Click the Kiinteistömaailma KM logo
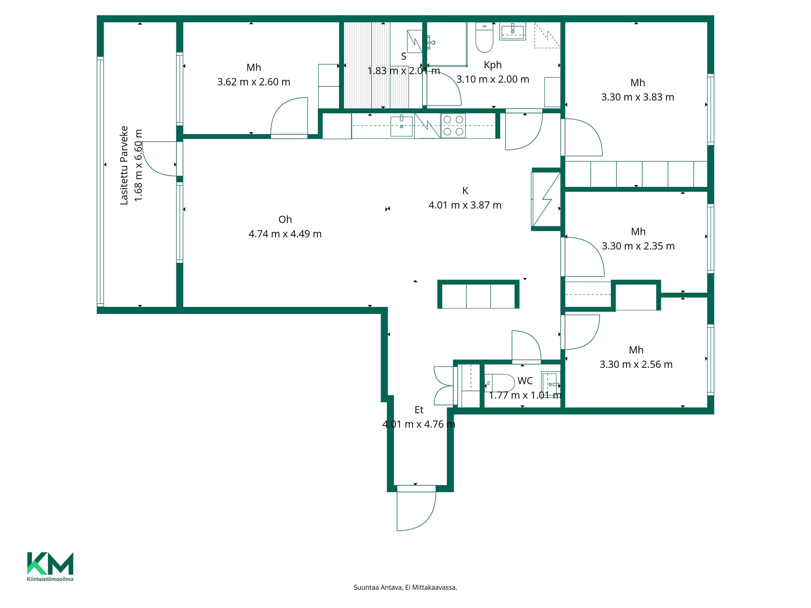click(50, 566)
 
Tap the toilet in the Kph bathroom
click(484, 37)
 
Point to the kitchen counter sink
click(401, 126)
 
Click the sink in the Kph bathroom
click(513, 31)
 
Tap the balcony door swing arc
click(158, 158)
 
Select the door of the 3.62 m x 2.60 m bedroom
click(289, 117)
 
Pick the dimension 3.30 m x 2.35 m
click(638, 246)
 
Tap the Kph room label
click(492, 65)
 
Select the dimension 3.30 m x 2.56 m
click(636, 364)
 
